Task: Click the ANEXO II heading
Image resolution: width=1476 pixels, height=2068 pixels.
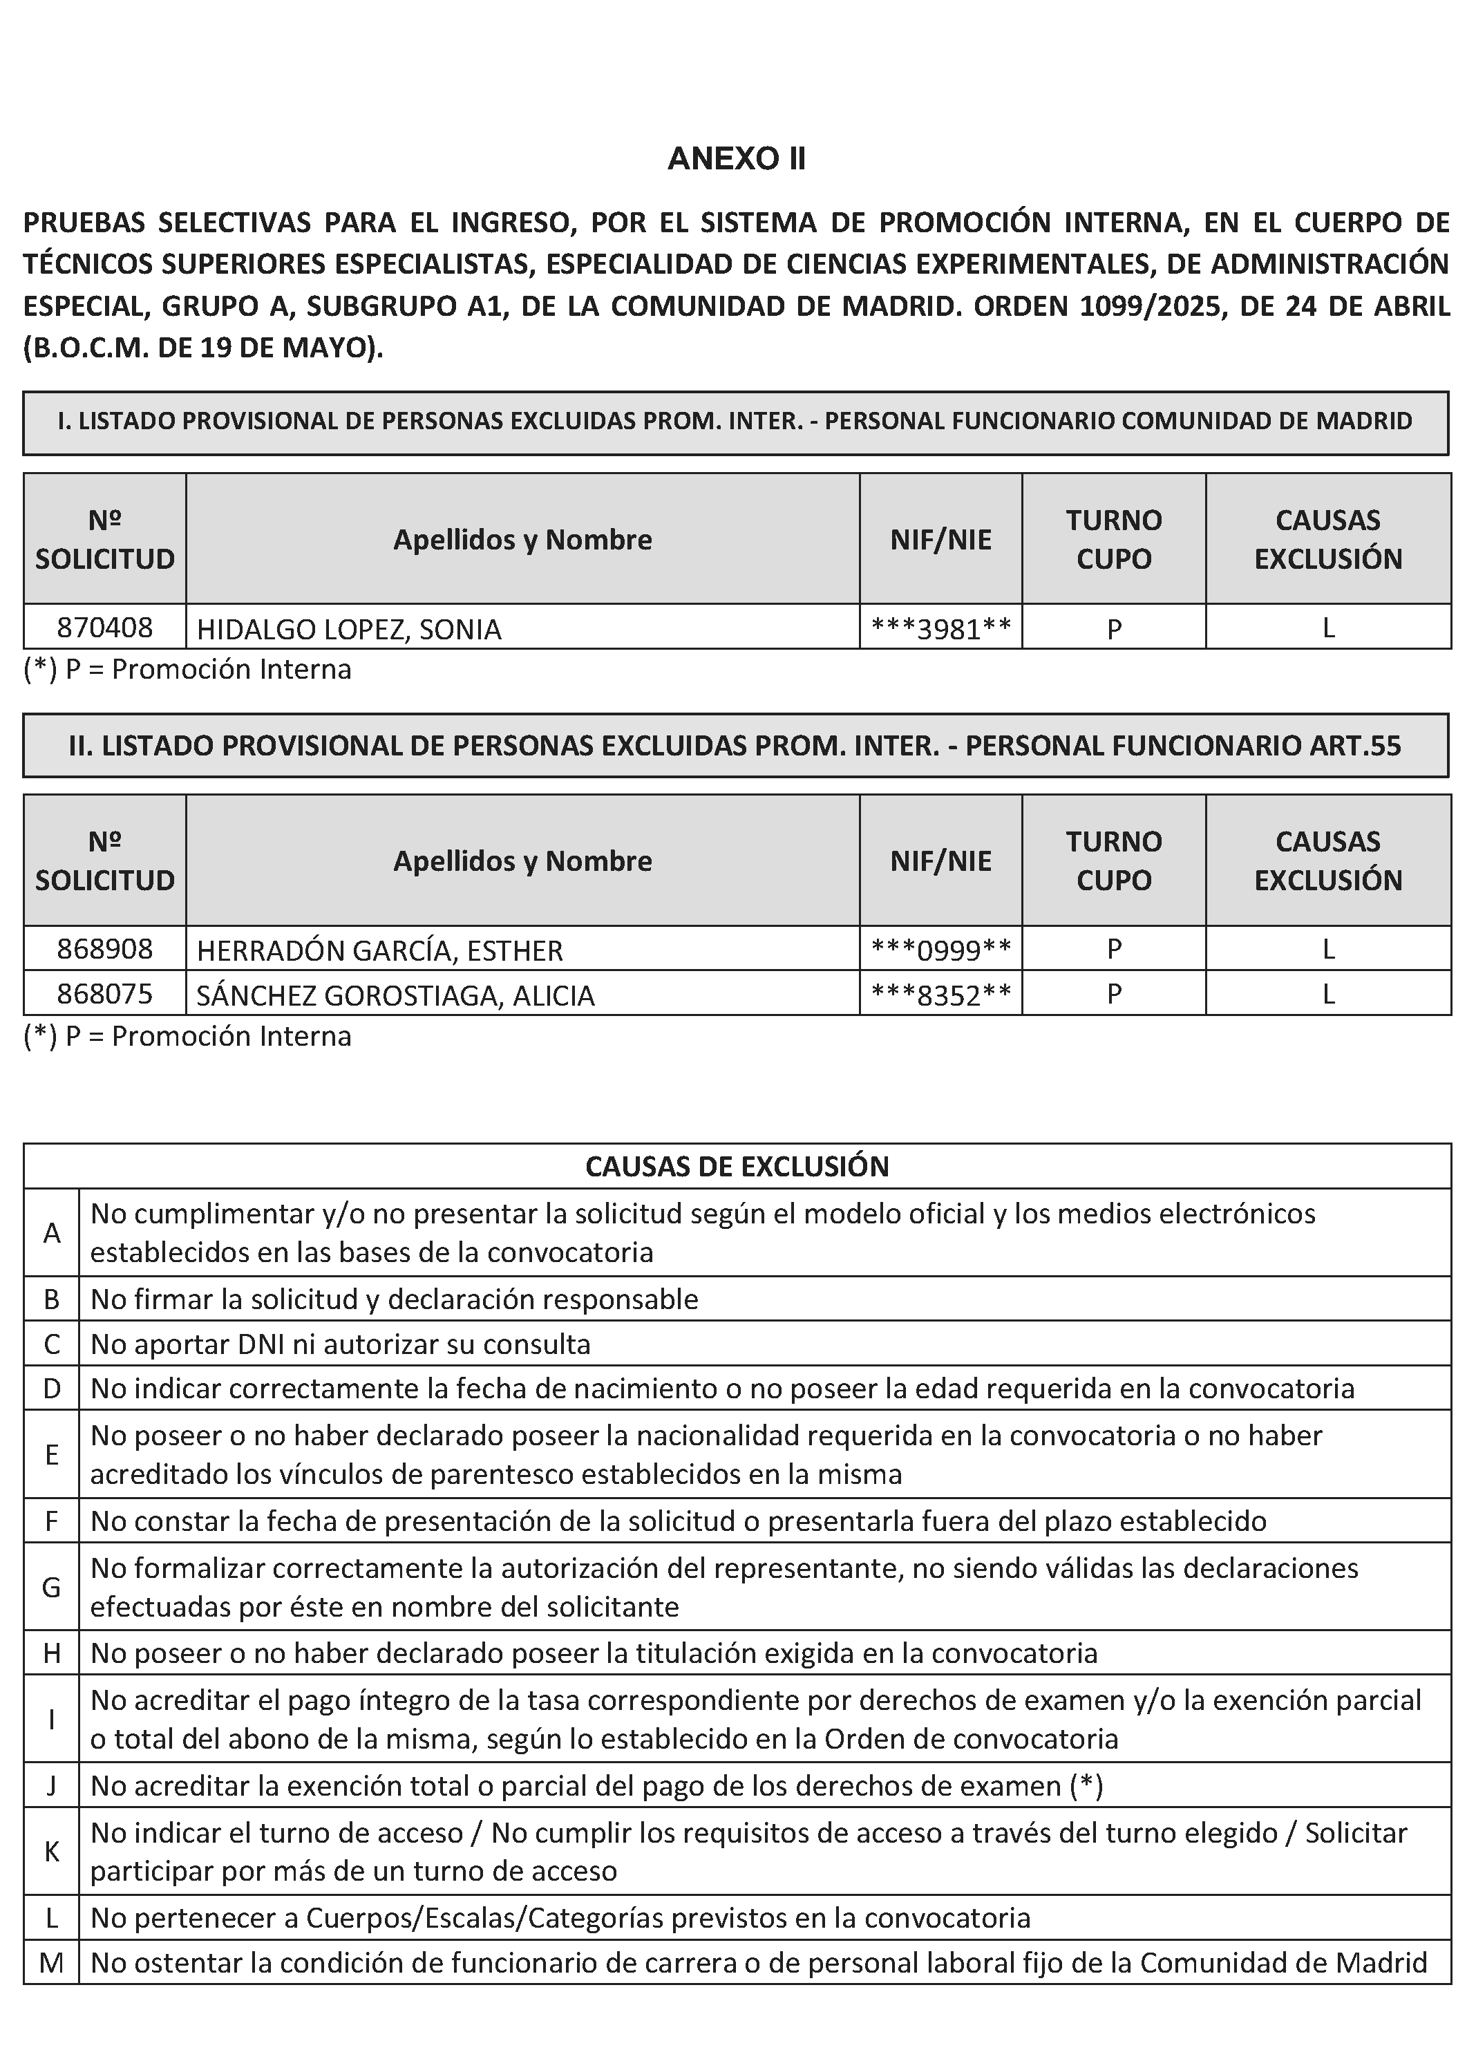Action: [x=736, y=159]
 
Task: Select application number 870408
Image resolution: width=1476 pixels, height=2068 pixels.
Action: [x=104, y=627]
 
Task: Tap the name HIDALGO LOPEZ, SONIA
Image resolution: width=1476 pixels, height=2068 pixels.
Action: [x=349, y=629]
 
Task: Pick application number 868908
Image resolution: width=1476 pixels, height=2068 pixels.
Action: [x=104, y=949]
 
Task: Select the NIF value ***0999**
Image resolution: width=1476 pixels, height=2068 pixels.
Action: [x=940, y=950]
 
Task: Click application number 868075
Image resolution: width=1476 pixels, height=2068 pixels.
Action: [x=104, y=993]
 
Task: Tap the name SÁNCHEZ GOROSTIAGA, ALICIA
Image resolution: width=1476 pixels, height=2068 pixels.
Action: [x=395, y=995]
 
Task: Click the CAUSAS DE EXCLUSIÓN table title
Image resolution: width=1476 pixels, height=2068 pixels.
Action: [x=736, y=1166]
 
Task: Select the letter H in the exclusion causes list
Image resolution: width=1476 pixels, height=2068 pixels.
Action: [x=52, y=1653]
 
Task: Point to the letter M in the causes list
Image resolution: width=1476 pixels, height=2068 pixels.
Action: [x=52, y=1962]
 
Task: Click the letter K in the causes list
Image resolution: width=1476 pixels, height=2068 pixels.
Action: [x=52, y=1852]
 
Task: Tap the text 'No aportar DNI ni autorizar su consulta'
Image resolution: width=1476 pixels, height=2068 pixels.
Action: [x=341, y=1344]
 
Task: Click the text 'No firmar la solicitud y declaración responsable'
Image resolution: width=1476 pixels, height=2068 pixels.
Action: [x=395, y=1299]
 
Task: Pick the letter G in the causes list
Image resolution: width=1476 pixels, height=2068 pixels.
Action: [x=52, y=1587]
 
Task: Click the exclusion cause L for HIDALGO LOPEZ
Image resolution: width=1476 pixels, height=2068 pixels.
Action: [x=1328, y=627]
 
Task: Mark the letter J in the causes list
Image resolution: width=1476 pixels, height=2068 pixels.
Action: [x=52, y=1786]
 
